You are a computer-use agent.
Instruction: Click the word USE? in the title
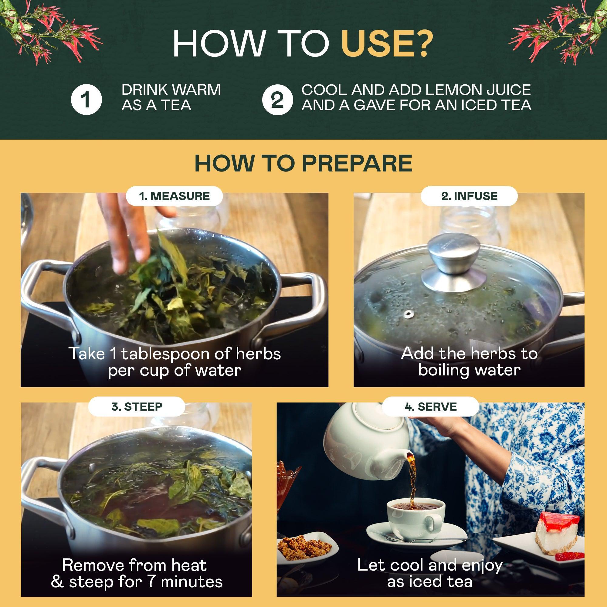point(387,43)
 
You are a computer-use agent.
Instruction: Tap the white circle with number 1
point(86,100)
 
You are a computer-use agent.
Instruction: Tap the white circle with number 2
point(277,100)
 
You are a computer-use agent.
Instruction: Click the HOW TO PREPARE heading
point(303,163)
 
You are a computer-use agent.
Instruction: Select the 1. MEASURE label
point(175,196)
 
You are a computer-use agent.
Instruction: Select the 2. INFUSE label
point(469,196)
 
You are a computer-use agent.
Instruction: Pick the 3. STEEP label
point(137,407)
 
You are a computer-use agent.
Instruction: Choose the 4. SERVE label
point(430,407)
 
